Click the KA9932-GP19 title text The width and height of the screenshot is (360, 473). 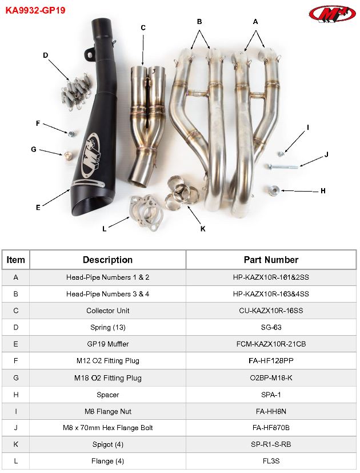[x=35, y=10]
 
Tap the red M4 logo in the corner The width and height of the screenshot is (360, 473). [x=331, y=13]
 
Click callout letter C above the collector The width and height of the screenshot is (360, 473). [x=143, y=27]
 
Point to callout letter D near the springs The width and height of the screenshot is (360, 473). [x=46, y=55]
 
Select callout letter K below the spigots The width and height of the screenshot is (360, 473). [x=203, y=229]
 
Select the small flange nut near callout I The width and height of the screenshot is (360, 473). [x=281, y=153]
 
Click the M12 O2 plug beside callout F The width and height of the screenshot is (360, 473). [x=71, y=134]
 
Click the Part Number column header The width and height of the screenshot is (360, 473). [x=271, y=260]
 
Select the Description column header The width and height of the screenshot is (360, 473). [x=107, y=260]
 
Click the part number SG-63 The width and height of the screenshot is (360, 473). [x=271, y=327]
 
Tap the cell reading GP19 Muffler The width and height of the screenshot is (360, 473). [x=107, y=344]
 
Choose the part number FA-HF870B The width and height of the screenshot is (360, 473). [x=271, y=428]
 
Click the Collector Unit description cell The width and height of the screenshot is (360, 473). [x=107, y=311]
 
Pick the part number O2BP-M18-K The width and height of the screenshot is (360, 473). [x=271, y=378]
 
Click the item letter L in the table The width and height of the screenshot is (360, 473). [x=15, y=461]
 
